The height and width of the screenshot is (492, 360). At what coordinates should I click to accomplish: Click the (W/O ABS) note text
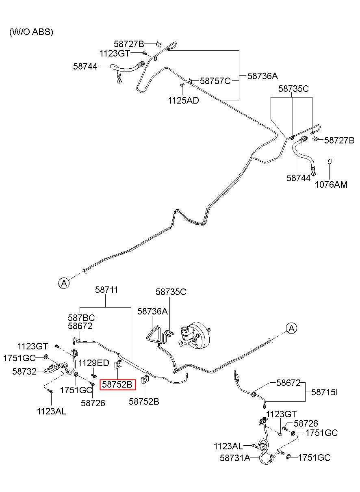coord(31,32)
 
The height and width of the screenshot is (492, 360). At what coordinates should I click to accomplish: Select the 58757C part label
coord(215,81)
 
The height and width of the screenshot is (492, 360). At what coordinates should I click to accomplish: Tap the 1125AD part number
coord(183,101)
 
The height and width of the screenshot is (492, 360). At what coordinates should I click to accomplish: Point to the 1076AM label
coord(331,184)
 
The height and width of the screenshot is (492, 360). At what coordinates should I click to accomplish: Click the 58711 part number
coord(106,290)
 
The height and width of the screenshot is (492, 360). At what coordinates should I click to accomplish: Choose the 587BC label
coord(81,318)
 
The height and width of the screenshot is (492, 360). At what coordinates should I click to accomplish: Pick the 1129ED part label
coord(94,363)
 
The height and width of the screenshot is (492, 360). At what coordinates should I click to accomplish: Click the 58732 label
coord(24,371)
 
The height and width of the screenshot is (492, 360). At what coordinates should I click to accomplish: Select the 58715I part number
coord(324,392)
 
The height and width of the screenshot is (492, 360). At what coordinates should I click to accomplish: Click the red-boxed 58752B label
coord(117,385)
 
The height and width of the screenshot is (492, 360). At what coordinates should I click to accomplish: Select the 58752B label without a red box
coord(144,402)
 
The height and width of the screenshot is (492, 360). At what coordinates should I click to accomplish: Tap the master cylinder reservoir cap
coord(184,329)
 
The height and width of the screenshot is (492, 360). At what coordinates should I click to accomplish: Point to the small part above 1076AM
coord(330,162)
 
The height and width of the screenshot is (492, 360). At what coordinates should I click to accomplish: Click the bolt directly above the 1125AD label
coord(182,85)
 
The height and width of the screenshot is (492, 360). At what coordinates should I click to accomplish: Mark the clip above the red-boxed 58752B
coord(118,364)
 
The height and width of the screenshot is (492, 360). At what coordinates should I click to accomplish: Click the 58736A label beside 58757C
coord(262,76)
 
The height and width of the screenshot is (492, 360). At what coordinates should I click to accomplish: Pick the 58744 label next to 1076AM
coord(298,178)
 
